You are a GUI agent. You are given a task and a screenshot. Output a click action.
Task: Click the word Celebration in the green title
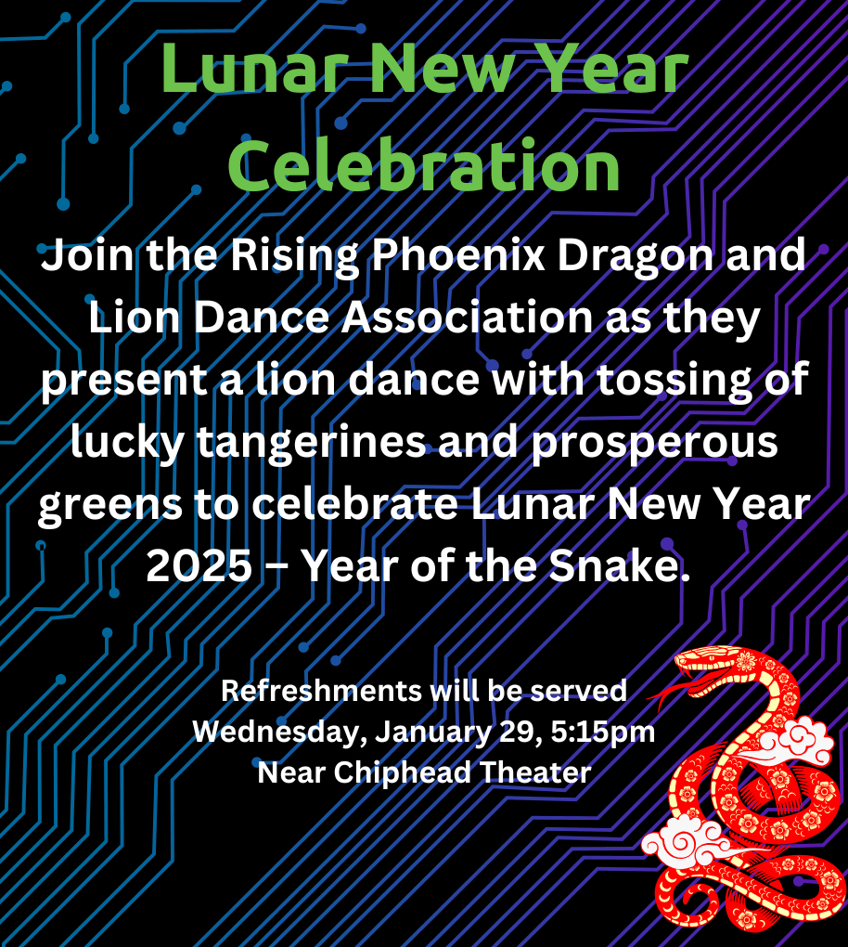[x=424, y=164]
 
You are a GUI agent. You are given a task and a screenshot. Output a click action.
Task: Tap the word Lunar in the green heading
[x=255, y=69]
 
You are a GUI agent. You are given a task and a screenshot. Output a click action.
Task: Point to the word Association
[x=468, y=318]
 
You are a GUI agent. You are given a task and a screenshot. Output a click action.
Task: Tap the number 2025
[x=199, y=566]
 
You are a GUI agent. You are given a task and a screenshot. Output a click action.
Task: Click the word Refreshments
[x=321, y=691]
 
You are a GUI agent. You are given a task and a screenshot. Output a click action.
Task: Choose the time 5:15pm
[x=603, y=732]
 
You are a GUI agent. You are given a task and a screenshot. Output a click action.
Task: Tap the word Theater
[x=535, y=772]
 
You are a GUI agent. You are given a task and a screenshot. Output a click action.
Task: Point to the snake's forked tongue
[x=667, y=693]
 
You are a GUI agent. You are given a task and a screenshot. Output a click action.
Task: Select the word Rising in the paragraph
[x=294, y=256]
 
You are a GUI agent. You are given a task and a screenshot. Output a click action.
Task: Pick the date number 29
[x=518, y=732]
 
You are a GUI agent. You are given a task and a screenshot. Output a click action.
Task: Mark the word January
[x=432, y=733]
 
